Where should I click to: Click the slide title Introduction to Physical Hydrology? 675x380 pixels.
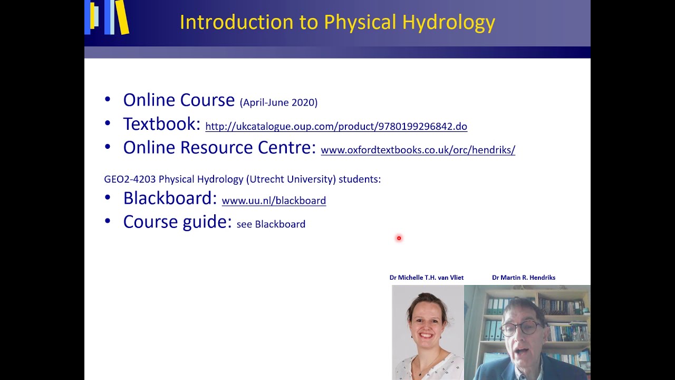[x=337, y=22]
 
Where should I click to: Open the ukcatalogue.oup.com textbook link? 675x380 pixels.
[x=336, y=126]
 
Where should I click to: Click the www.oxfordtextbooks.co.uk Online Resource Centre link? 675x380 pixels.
[x=418, y=150]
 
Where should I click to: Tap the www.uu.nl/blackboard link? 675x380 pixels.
[x=274, y=201]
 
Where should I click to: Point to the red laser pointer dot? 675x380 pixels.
[x=399, y=238]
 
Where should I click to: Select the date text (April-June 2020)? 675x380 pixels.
[x=278, y=102]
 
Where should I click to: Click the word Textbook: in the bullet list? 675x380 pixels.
[x=161, y=124]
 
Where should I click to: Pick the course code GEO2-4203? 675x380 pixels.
[x=130, y=179]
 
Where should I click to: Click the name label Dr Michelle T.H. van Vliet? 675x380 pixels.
[x=426, y=278]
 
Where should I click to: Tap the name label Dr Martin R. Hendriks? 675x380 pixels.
[x=523, y=278]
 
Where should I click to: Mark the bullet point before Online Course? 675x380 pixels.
[x=108, y=99]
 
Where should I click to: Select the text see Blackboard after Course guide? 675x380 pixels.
[x=271, y=224]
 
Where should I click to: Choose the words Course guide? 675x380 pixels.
[x=177, y=222]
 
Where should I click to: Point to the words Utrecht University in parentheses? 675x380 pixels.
[x=291, y=179]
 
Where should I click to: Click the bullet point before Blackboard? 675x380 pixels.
[x=108, y=197]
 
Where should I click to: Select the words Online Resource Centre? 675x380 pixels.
[x=219, y=147]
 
